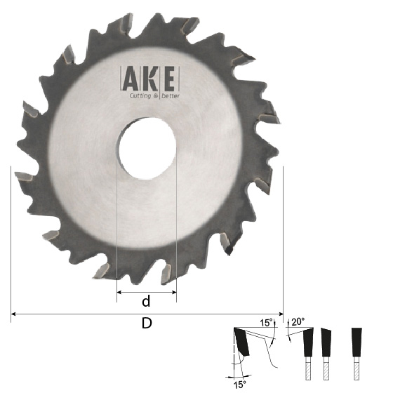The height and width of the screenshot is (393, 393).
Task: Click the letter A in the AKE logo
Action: point(129,79)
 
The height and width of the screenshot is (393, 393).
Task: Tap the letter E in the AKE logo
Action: point(169,79)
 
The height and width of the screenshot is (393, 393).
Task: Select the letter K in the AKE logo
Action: point(150,79)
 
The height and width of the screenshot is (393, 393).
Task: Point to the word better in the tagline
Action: point(171,96)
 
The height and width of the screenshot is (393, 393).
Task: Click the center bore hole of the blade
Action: point(147,149)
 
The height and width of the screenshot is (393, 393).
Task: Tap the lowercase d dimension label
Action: point(146,301)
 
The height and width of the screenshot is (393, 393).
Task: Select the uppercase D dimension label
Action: point(147,323)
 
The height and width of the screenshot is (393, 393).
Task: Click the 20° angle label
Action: point(298,321)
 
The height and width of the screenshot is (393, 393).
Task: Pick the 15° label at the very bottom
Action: point(239,385)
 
